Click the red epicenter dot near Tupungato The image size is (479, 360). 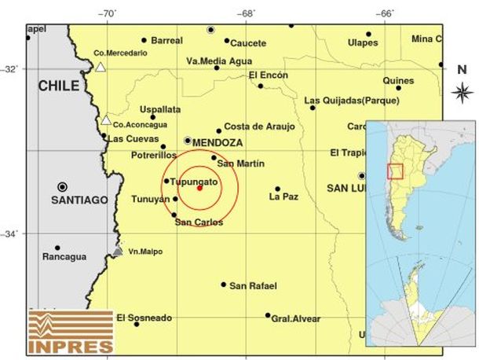coord(199,188)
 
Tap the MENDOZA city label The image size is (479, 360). coord(218,142)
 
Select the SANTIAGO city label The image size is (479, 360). coord(79,200)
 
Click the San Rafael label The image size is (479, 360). coord(252,285)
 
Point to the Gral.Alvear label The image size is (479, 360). coord(296,318)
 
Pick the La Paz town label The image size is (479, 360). coord(283,197)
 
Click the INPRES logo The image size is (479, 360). coord(71,331)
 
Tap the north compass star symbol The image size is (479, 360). coord(462,93)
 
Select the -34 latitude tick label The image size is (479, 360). coord(13,233)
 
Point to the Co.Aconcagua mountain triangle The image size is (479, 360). coord(105,120)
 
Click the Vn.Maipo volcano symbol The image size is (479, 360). coord(117,251)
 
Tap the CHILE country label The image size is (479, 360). coord(59,87)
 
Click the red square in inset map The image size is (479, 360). coord(396,171)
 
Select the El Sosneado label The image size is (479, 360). coord(144,318)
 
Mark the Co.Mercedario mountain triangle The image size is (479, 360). coord(101,68)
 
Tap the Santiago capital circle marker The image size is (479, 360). coord(62,187)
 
